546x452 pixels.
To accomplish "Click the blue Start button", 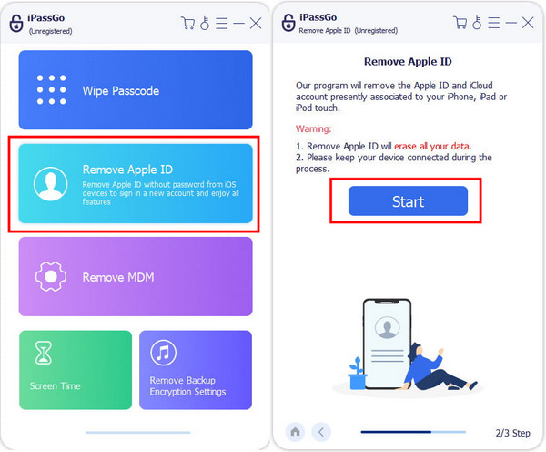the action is [x=408, y=200].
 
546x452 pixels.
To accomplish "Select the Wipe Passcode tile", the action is [x=136, y=90].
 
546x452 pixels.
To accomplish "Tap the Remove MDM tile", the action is [x=136, y=276].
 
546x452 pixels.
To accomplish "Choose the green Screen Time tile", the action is [x=76, y=370].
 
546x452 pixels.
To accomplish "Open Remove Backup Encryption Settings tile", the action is [x=196, y=370].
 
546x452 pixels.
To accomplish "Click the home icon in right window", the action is [x=295, y=432].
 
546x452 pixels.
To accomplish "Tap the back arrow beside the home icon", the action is [x=321, y=432].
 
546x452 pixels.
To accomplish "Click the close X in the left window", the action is [x=256, y=24].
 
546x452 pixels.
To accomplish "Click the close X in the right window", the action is [x=528, y=23].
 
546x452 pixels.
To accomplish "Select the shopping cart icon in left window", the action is [x=188, y=24].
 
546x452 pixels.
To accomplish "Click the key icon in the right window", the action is [x=477, y=23].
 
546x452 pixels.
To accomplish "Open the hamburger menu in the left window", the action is [x=221, y=24].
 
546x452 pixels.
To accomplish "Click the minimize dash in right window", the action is [x=511, y=23].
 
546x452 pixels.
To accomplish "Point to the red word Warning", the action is [x=313, y=128].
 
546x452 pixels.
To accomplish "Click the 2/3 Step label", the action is [x=512, y=433].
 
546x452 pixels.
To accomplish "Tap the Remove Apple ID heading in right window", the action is [x=408, y=62].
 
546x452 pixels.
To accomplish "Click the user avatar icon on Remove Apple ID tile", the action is [x=50, y=184].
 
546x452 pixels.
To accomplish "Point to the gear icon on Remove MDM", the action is [x=51, y=276].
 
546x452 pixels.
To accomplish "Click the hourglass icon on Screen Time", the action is [x=44, y=353].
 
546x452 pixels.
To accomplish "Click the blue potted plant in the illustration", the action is [x=358, y=374].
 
